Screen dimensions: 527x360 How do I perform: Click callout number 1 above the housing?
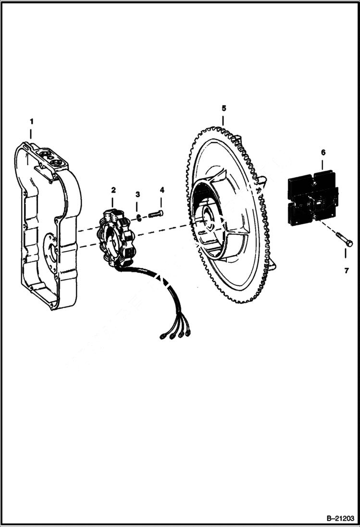[31, 120]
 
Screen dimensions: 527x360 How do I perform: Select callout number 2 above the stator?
[113, 190]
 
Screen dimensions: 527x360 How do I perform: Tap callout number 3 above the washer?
[137, 194]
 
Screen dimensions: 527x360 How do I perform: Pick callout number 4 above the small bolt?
[161, 190]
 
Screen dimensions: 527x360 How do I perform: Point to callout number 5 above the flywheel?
[223, 108]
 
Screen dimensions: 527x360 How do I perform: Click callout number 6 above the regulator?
[323, 152]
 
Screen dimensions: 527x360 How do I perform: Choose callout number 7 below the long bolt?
[347, 271]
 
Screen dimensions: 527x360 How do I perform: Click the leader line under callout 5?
[223, 119]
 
